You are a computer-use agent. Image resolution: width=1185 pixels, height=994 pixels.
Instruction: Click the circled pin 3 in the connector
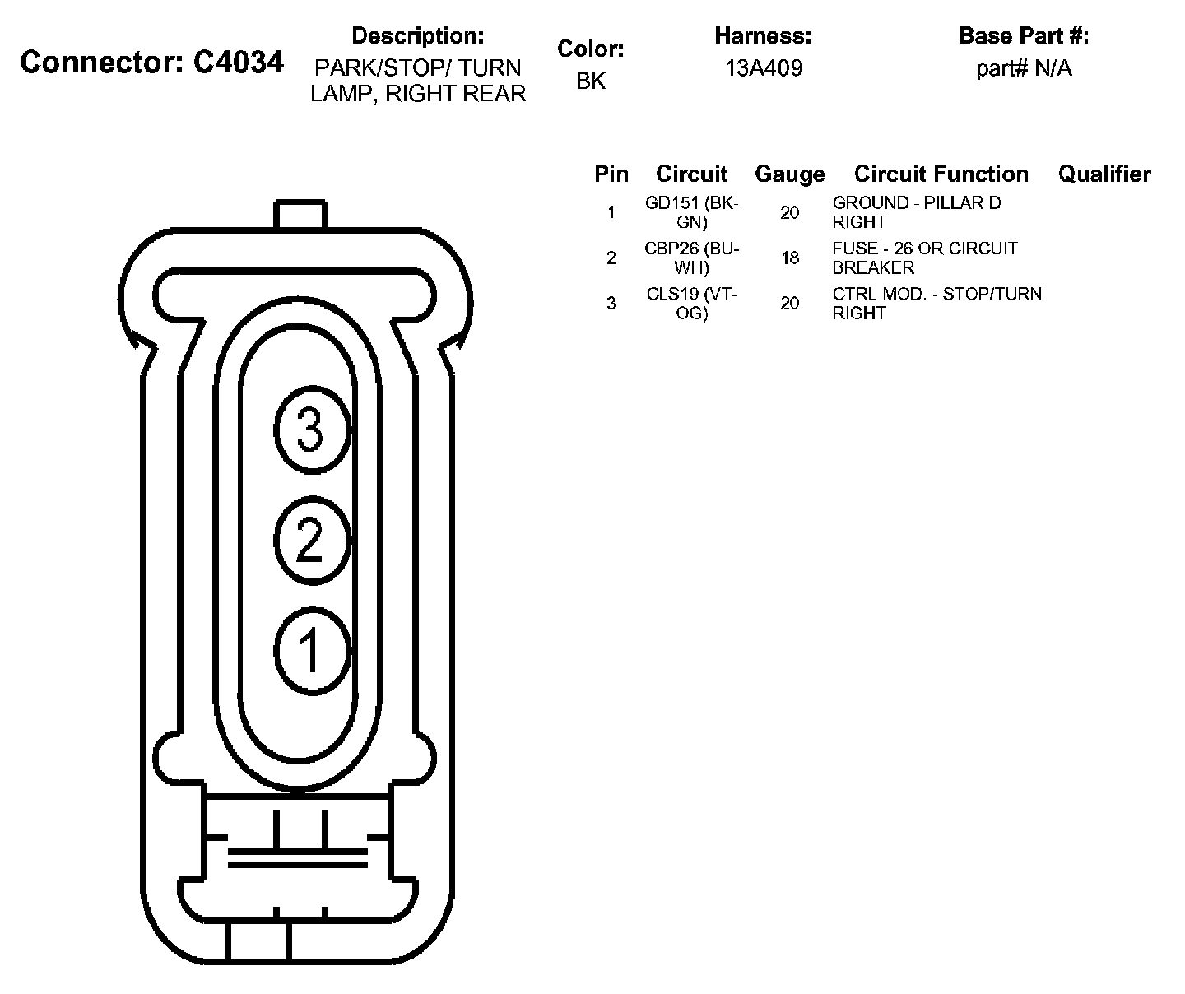(x=310, y=431)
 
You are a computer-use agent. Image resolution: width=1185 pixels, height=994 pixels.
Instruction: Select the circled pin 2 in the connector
(x=310, y=541)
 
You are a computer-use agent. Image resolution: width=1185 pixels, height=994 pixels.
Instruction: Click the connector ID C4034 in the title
(x=239, y=63)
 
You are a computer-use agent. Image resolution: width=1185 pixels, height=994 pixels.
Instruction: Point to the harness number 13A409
(x=763, y=68)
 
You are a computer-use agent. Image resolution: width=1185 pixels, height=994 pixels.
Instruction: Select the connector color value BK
(x=591, y=81)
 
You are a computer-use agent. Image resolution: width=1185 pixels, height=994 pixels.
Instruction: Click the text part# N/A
(x=1024, y=68)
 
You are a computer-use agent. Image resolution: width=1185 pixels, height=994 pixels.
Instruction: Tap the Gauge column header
(x=789, y=174)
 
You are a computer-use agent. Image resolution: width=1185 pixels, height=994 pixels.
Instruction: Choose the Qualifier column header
(x=1104, y=174)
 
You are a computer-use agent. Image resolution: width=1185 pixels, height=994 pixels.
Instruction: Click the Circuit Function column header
(x=941, y=174)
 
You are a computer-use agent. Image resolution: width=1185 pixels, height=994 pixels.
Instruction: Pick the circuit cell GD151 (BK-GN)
(x=692, y=212)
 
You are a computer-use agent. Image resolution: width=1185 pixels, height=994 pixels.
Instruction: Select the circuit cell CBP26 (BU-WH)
(x=692, y=258)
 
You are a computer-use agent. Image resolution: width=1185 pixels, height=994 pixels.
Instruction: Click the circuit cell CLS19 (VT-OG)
(x=692, y=303)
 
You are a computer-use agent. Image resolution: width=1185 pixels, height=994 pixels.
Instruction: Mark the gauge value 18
(x=789, y=258)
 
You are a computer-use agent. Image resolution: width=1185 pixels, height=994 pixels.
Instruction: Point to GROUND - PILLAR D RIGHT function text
(x=916, y=212)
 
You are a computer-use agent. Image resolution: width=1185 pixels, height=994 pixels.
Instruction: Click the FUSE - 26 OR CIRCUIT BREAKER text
(x=924, y=258)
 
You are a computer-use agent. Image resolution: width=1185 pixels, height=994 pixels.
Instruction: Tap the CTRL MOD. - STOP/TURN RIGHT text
(x=936, y=303)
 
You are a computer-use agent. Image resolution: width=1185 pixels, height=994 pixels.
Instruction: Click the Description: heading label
(x=417, y=36)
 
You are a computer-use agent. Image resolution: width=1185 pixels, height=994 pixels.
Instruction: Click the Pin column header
(x=611, y=174)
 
